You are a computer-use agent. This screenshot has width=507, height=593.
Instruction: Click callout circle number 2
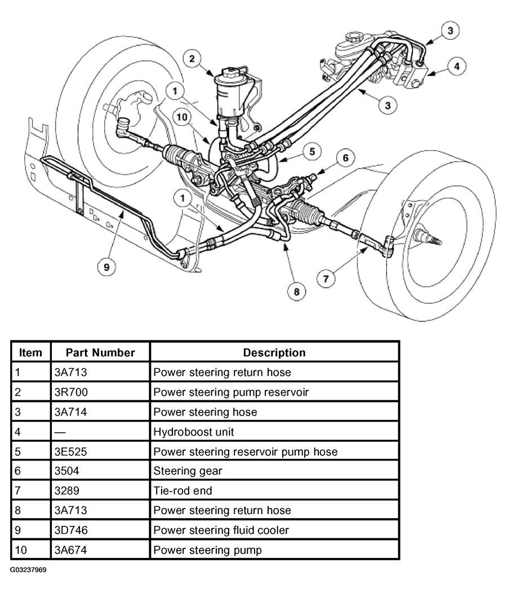tap(193, 59)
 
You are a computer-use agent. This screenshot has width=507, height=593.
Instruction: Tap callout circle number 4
tap(456, 67)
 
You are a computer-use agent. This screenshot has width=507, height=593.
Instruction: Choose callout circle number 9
tap(105, 267)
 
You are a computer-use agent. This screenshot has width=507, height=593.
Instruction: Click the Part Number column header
tap(100, 353)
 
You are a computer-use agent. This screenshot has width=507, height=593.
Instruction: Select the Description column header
tap(274, 353)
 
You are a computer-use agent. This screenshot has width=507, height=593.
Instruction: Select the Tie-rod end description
tap(183, 490)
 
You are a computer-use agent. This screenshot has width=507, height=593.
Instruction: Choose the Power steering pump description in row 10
tap(207, 550)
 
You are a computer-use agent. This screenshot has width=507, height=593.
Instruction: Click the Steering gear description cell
tap(188, 471)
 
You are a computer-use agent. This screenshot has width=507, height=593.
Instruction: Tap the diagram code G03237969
tap(28, 570)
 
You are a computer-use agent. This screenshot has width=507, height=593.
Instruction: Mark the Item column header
tap(30, 353)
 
